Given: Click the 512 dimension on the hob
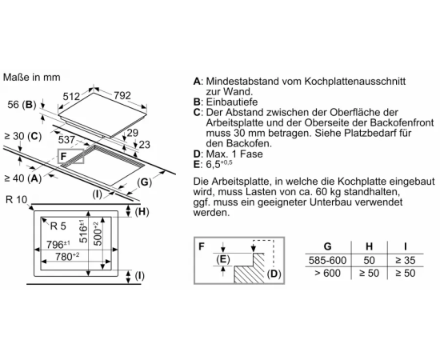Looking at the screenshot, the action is coord(71,97).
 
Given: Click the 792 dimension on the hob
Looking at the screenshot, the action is coord(122,95).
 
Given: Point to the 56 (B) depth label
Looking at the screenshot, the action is coord(22,105).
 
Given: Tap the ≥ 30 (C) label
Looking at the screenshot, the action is coord(23,136).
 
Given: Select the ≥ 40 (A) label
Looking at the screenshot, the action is coord(23,178).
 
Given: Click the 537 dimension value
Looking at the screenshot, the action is coord(66,140).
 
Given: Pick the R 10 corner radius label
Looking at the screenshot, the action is coord(16,200).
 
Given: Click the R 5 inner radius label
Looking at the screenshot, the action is coord(58,226).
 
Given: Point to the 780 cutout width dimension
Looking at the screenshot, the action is coord(67,256).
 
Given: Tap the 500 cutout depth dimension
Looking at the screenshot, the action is coord(98,234).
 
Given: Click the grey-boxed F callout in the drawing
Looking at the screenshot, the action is coord(70,156).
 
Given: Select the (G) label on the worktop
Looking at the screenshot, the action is coord(144,182).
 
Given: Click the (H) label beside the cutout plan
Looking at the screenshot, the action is coord(142,211).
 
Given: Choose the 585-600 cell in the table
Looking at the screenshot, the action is coord(327,260).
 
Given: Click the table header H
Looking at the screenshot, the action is coord(369,246).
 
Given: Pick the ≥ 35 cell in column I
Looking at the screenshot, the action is coord(406,260).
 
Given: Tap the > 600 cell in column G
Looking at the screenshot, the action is coord(327,273).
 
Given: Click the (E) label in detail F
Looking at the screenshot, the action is coord(223,259).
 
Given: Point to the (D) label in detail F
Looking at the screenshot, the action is coord(274,274).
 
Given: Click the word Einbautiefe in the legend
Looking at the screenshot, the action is coord(232,102).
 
